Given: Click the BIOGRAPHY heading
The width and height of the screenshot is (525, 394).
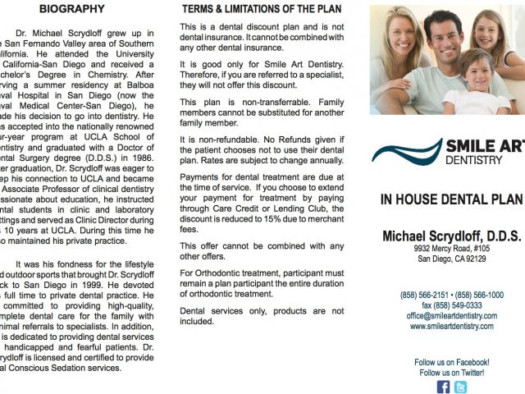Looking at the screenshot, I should click(x=72, y=9).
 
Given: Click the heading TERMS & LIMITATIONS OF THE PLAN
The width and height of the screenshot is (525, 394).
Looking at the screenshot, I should click(x=261, y=9).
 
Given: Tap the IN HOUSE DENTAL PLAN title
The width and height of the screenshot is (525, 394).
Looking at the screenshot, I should click(x=451, y=199).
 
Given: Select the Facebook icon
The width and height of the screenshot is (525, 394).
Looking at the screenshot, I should click(x=443, y=387).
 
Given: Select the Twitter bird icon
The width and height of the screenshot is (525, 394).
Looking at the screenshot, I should click(x=460, y=387).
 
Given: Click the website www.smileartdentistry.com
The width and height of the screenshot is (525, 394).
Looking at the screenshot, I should click(x=451, y=326).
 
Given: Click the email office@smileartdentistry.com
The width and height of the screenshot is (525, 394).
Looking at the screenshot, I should click(x=451, y=315).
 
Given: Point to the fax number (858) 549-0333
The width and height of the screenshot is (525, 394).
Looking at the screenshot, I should click(x=451, y=305).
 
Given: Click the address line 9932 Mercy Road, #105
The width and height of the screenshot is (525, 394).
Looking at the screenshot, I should click(x=451, y=247).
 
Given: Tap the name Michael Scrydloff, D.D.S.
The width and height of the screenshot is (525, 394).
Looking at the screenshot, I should click(x=451, y=236).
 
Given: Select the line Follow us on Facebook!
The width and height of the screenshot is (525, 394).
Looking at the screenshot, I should click(x=451, y=362).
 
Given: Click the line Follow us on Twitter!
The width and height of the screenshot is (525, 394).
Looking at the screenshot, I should click(x=451, y=373).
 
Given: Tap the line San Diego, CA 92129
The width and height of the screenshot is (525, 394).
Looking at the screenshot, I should click(x=451, y=259).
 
